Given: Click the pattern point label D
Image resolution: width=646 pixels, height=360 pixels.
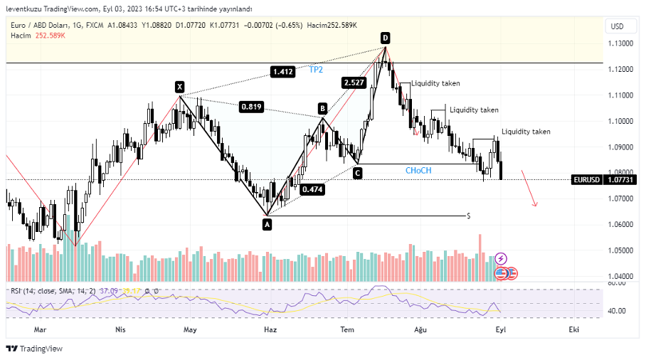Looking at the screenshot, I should pyautogui.click(x=385, y=38).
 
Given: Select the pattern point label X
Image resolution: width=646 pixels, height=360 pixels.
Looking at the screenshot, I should pyautogui.click(x=180, y=88).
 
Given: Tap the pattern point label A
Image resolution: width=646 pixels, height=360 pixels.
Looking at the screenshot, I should pyautogui.click(x=267, y=224).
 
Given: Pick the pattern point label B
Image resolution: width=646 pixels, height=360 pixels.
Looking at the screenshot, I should pyautogui.click(x=322, y=108).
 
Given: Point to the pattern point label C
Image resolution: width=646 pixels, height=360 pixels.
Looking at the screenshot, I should pyautogui.click(x=357, y=172).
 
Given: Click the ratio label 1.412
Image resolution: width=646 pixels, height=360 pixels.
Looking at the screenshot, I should pyautogui.click(x=282, y=71).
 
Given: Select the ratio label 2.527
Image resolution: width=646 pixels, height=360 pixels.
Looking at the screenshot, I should pyautogui.click(x=354, y=83).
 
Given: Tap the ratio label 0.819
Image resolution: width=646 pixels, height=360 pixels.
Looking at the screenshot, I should pyautogui.click(x=252, y=107).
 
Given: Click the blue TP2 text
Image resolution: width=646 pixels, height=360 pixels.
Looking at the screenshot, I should pyautogui.click(x=316, y=70).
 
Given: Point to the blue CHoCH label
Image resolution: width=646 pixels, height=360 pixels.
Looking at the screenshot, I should pyautogui.click(x=418, y=171).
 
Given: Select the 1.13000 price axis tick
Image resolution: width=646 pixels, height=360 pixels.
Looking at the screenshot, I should pyautogui.click(x=620, y=43).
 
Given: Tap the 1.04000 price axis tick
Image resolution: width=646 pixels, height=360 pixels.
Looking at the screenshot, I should pyautogui.click(x=620, y=276).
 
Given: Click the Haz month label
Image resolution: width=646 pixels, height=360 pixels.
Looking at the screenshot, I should pyautogui.click(x=270, y=330).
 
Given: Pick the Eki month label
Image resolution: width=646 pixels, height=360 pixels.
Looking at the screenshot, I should pyautogui.click(x=573, y=330).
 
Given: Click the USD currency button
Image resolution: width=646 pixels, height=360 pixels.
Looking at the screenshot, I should pyautogui.click(x=617, y=26).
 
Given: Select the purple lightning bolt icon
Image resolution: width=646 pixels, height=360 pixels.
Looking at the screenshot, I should pyautogui.click(x=501, y=258).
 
